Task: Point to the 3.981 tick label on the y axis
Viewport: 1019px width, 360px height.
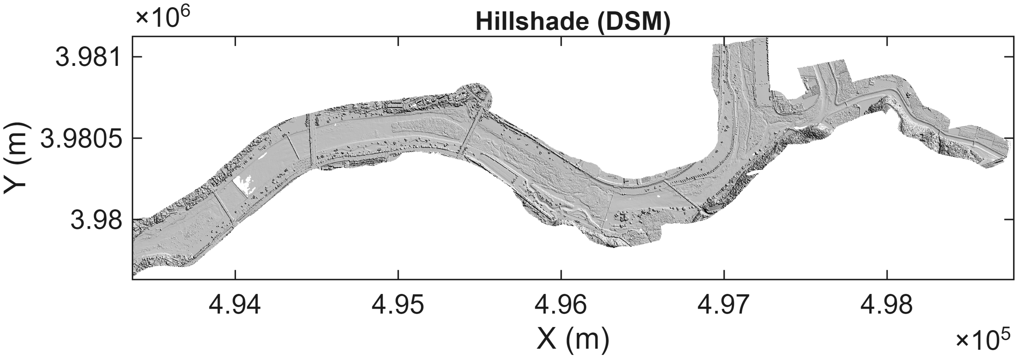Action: (x=88, y=57)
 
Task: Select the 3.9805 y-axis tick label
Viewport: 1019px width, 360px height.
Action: (x=81, y=138)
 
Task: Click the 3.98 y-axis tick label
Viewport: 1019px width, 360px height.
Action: (x=96, y=220)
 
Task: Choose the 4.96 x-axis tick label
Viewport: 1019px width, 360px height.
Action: (x=561, y=305)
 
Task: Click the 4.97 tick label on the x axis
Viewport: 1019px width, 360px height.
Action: (x=724, y=305)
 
